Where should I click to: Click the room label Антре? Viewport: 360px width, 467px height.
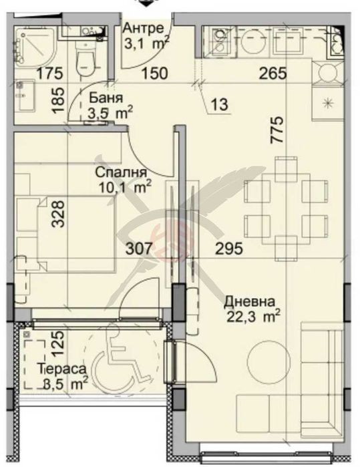pos(143,28)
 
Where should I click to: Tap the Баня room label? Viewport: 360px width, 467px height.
pos(106,98)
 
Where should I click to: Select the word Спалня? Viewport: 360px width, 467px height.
pos(121,172)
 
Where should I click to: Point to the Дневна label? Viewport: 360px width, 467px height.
pos(249,302)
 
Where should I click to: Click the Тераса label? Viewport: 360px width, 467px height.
pos(62,369)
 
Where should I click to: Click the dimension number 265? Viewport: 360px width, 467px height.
pos(273,73)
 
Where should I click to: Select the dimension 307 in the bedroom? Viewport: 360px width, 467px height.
pos(139,249)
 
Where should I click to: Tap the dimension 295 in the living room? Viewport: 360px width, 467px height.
pos(229,249)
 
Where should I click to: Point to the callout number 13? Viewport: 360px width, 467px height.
pos(220,104)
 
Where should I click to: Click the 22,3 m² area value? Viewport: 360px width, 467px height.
pos(253,317)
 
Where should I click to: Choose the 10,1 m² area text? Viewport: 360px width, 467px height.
pos(126,187)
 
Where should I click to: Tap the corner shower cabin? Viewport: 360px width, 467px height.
pos(35,47)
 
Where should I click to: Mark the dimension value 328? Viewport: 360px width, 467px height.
pos(57,214)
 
